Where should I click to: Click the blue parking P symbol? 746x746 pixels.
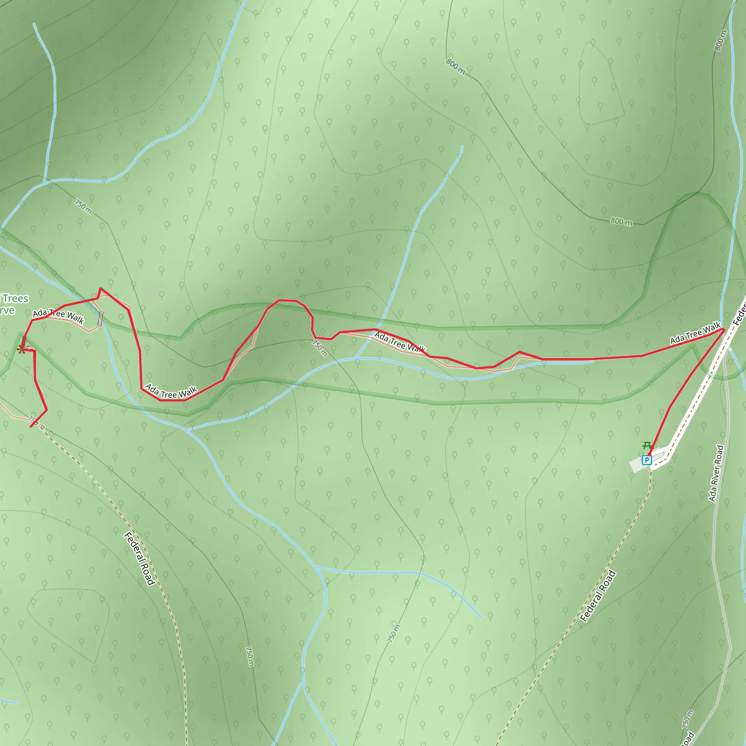[x=647, y=460]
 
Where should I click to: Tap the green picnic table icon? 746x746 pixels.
[x=647, y=445]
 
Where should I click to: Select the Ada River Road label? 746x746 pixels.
[x=716, y=474]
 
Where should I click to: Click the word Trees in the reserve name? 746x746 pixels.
[x=15, y=298]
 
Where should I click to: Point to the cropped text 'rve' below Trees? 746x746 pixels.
[x=7, y=310]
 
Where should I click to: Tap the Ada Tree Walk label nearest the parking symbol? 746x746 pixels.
[x=695, y=333]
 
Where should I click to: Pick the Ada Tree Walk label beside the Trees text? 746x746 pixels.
[x=58, y=315]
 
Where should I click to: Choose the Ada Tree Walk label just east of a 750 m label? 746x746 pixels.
[x=400, y=342]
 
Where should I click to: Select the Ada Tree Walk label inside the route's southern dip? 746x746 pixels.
[x=171, y=392]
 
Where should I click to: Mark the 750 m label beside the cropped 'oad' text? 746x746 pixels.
[x=688, y=719]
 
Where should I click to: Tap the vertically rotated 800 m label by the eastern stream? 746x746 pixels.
[x=721, y=40]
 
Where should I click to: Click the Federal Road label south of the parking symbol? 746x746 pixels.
[x=598, y=596]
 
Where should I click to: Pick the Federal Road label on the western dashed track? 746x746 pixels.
[x=140, y=558]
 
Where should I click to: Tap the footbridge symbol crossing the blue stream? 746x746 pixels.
[x=101, y=319]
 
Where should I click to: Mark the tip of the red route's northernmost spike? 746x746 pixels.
[x=101, y=288]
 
